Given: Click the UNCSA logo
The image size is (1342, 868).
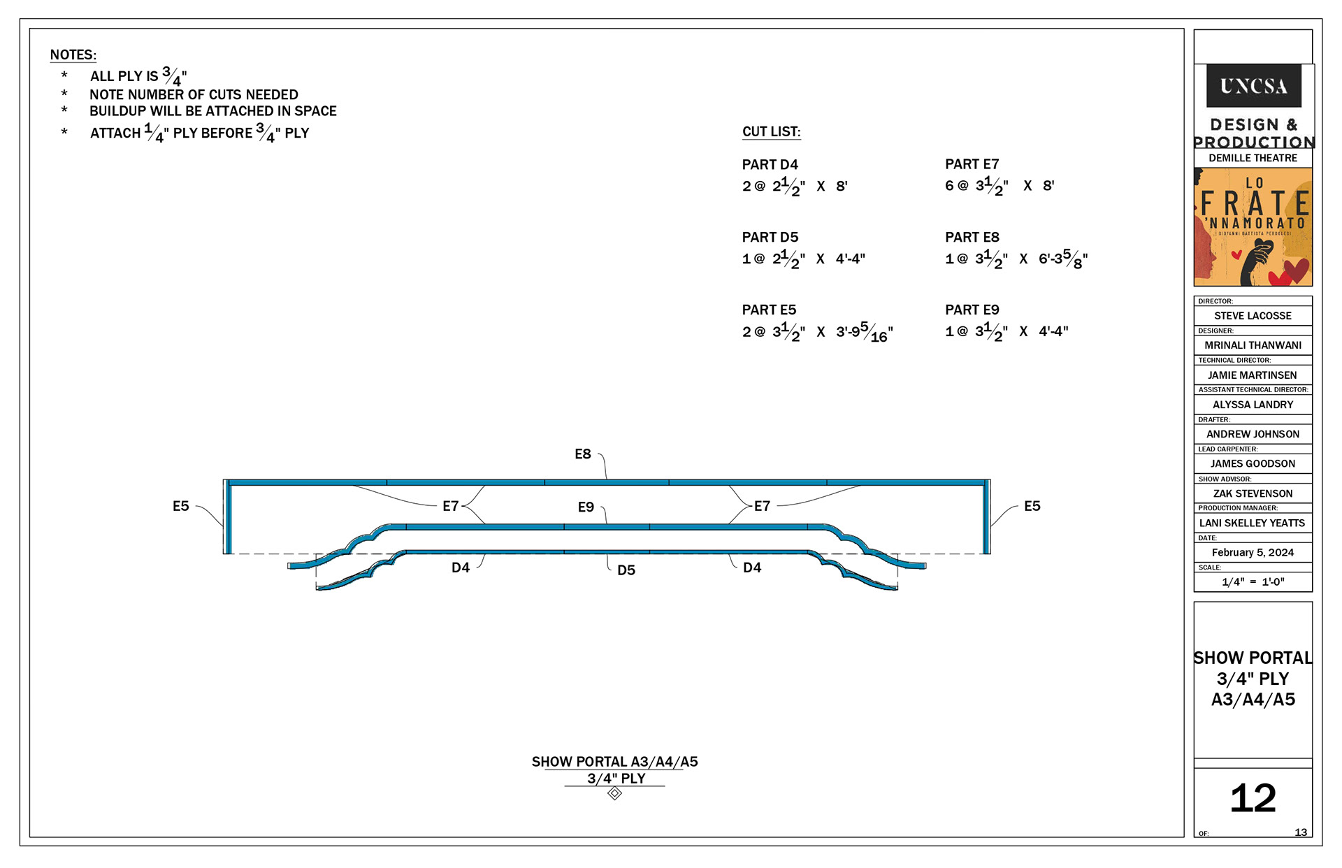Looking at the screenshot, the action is coord(1253,85).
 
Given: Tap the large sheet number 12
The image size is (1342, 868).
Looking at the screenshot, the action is coord(1253,798).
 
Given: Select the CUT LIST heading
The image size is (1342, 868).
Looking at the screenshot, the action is coord(771,131).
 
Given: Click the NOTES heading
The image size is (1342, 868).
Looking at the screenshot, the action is coord(73,55).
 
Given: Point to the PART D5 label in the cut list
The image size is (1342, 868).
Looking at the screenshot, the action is coord(770,238).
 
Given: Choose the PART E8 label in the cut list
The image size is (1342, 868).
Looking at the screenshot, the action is coord(972,238).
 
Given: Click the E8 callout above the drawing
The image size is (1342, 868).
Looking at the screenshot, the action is coord(582,454).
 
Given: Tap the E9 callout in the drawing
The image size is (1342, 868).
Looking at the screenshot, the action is coord(586,507).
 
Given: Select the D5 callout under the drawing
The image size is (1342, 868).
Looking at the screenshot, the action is coord(626,570).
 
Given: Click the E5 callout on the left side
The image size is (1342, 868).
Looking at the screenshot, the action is coord(180,506).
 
